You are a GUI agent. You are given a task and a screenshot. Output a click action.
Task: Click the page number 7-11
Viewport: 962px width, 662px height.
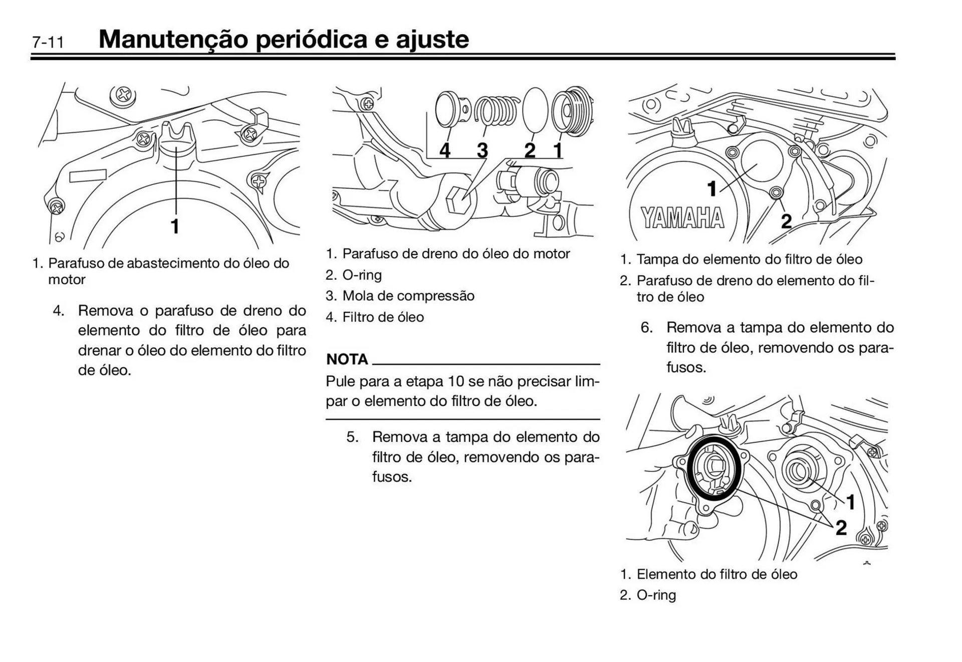[x=48, y=42]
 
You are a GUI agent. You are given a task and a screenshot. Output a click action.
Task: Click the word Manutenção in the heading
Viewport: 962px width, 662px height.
[x=173, y=39]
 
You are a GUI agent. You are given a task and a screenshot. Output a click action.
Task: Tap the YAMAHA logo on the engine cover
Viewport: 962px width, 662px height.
[x=682, y=218]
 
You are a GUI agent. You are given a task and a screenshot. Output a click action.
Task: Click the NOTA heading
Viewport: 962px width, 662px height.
[x=347, y=359]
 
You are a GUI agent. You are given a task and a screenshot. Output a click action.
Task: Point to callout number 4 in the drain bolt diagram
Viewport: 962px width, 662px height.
[x=444, y=150]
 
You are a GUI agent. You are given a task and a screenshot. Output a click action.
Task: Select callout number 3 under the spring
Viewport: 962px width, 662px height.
[x=482, y=150]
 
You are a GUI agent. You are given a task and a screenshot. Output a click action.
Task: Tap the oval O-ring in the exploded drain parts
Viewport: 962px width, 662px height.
[x=535, y=109]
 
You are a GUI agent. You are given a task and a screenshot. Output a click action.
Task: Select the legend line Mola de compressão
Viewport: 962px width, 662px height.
[x=408, y=296]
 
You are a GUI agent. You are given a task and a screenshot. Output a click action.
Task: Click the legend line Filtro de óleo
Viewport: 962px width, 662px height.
[x=383, y=317]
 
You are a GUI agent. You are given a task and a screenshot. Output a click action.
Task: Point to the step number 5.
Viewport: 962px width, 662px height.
[x=352, y=437]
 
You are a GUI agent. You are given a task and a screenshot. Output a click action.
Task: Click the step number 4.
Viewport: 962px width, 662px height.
[x=59, y=311]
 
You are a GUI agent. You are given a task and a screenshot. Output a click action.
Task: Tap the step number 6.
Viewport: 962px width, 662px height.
[x=646, y=328]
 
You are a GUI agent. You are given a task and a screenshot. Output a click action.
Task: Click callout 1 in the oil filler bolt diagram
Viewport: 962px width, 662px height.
[x=175, y=227]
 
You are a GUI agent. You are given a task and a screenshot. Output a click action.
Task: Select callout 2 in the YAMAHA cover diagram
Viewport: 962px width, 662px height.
[x=786, y=221]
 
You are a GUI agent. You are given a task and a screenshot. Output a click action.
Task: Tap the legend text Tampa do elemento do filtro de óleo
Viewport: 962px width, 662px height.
[x=749, y=260]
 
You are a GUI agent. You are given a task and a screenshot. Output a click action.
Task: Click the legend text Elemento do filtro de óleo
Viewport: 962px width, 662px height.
[x=716, y=574]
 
